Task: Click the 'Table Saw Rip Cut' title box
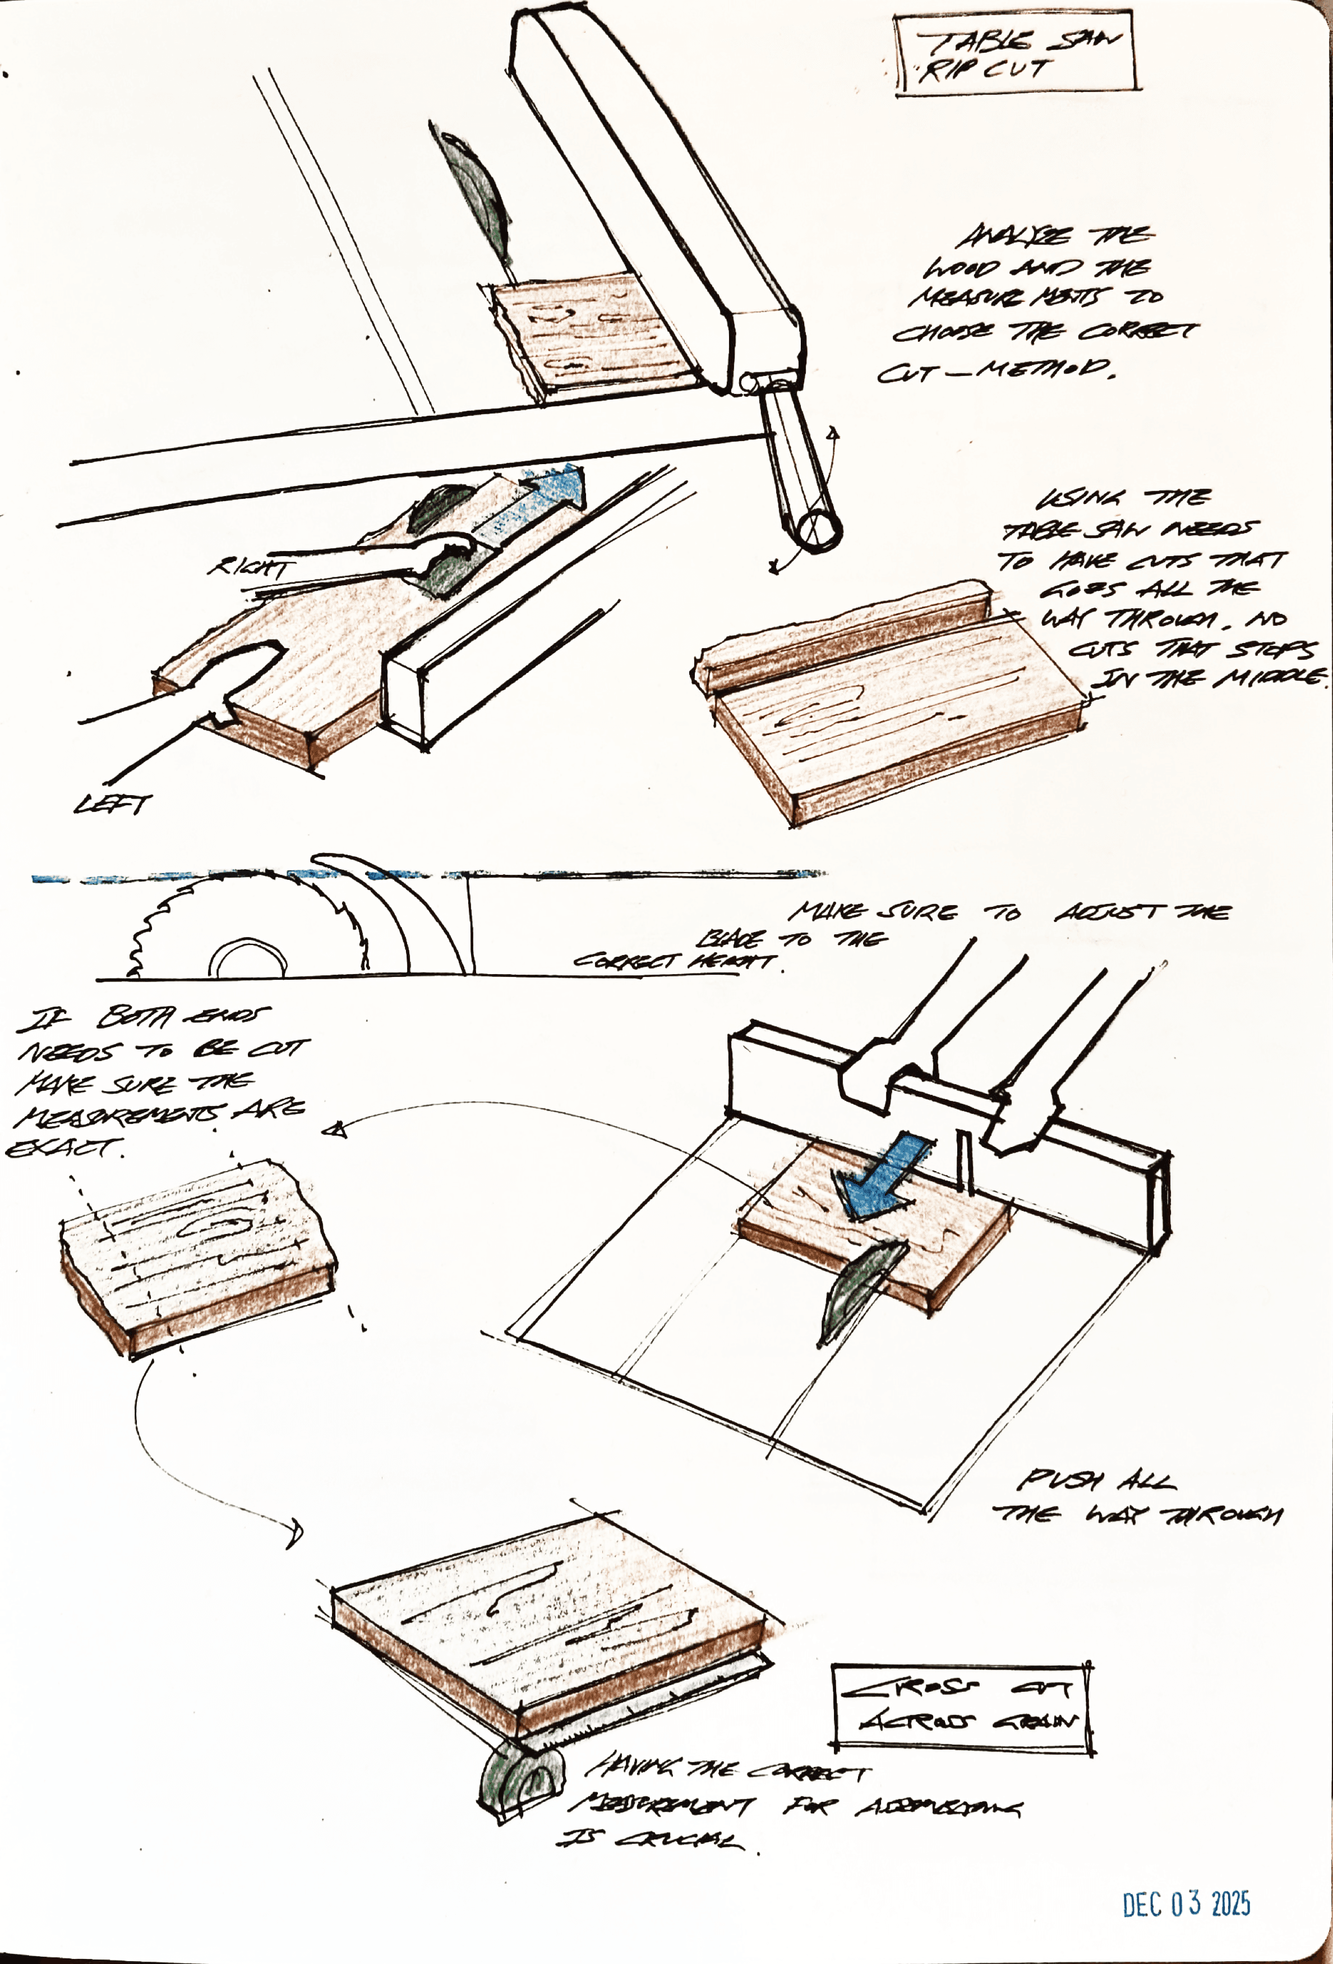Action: click(1016, 56)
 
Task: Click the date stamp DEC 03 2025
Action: click(1185, 1904)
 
